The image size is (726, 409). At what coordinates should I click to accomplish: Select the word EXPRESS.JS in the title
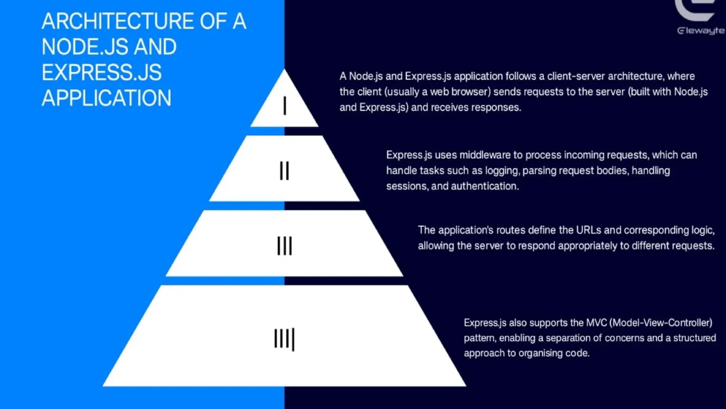[x=101, y=72]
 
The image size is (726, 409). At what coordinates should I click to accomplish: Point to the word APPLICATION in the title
[x=106, y=98]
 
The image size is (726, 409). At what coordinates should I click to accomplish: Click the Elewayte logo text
[x=700, y=31]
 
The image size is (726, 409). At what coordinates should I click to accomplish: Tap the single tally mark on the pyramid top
[x=285, y=106]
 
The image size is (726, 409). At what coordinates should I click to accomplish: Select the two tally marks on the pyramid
[x=284, y=171]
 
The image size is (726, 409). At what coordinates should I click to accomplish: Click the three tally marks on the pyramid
[x=284, y=246]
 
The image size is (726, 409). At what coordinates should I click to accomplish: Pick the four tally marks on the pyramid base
[x=284, y=339]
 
